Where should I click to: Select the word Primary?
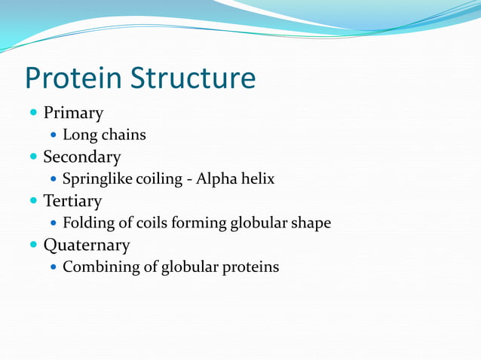(73, 114)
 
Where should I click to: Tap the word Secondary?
(81, 157)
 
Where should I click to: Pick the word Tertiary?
(72, 202)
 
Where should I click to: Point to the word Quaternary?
(86, 246)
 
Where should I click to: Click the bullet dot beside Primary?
(33, 114)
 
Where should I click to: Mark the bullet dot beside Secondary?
(33, 157)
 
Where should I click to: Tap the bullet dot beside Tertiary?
(33, 201)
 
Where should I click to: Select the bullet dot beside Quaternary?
(33, 245)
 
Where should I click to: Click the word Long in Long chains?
(77, 136)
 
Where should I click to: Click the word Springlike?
(97, 180)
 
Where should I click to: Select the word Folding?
(87, 224)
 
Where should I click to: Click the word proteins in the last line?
(252, 267)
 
